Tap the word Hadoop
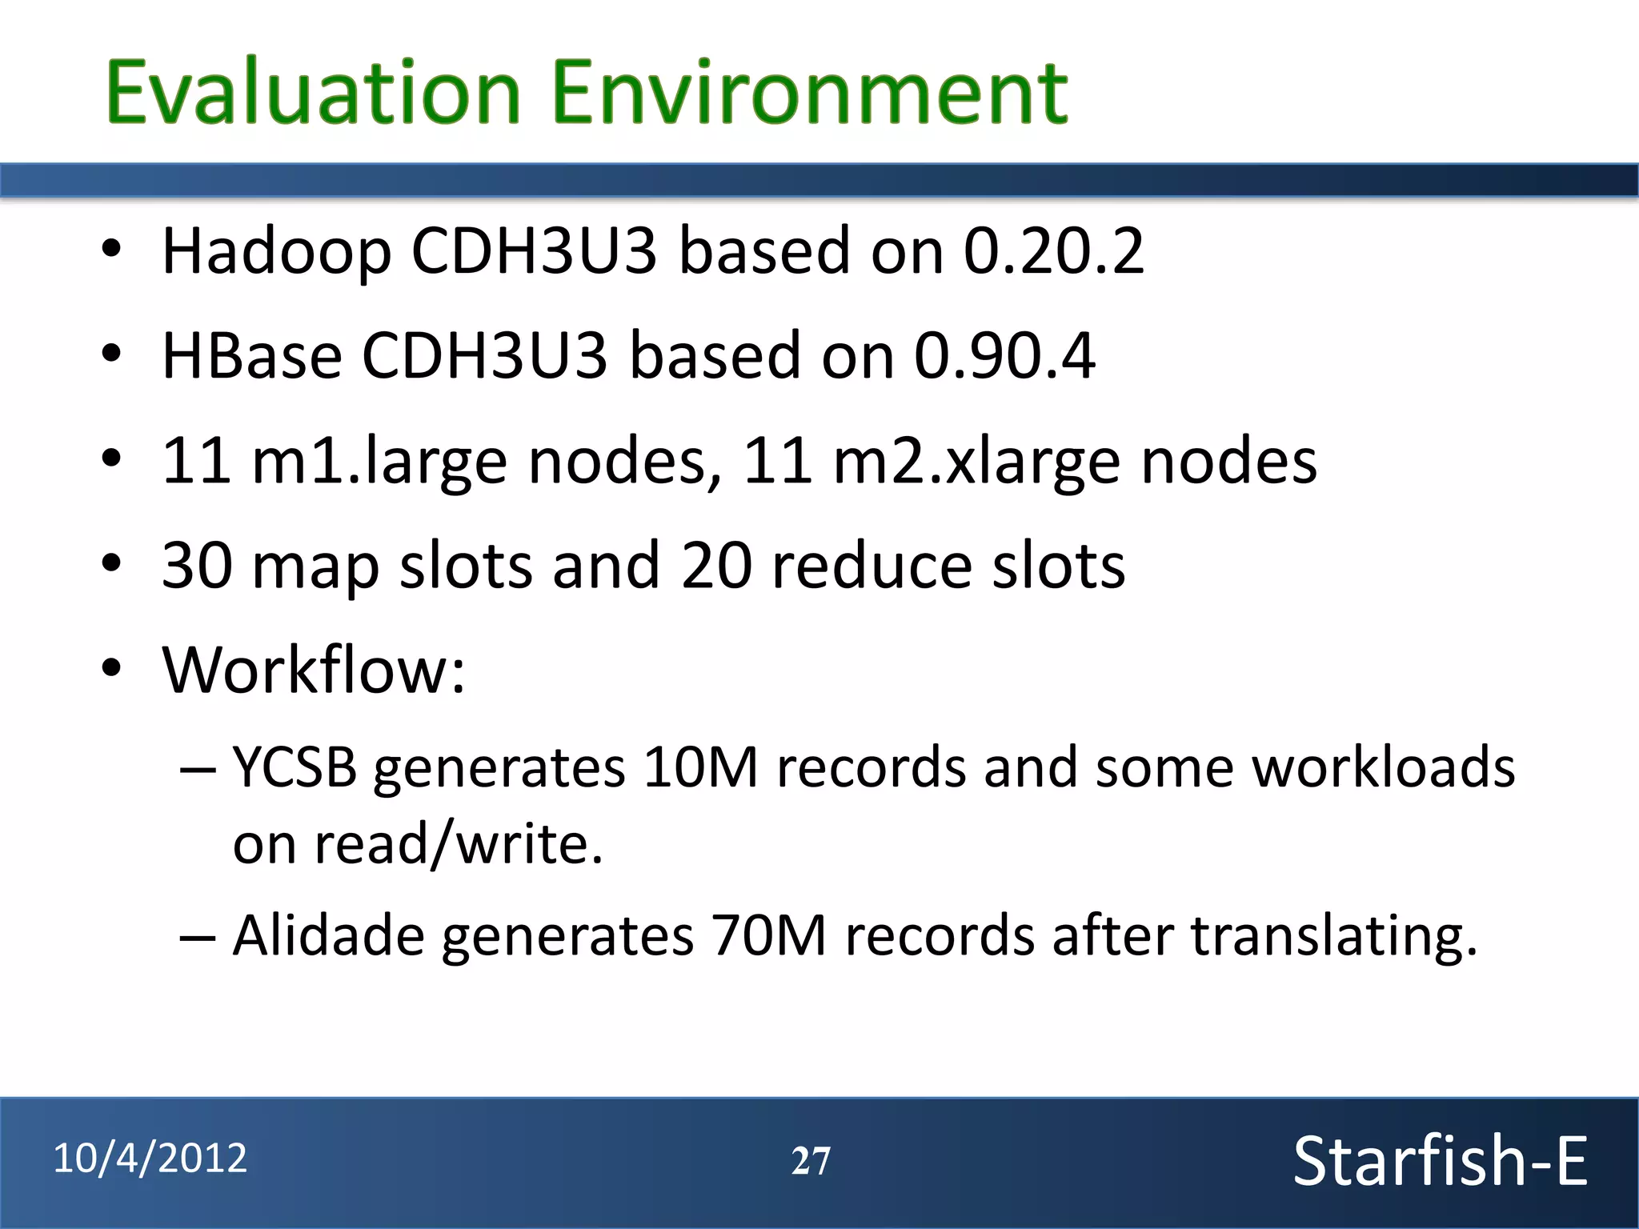point(276,252)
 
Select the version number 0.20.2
point(1053,251)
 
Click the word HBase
point(252,355)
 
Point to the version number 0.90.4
point(1004,355)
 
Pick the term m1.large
point(379,462)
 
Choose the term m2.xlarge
point(976,462)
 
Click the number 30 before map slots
point(198,566)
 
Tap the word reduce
point(872,566)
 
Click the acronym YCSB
point(295,767)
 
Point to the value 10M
point(700,767)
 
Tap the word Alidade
point(328,935)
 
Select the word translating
point(1333,935)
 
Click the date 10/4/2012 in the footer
point(150,1159)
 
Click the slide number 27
point(811,1161)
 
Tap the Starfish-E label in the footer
point(1440,1161)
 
